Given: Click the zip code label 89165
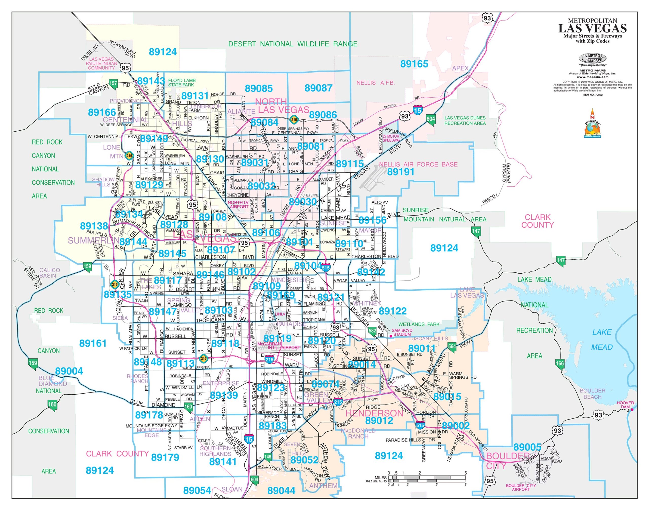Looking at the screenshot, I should tap(414, 64).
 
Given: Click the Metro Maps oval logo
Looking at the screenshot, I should tap(592, 58).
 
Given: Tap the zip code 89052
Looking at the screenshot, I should tap(304, 460).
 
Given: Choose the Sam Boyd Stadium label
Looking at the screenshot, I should tap(402, 332).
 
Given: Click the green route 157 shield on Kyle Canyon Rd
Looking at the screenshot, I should tap(113, 84).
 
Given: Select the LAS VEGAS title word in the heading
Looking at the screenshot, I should tap(592, 29).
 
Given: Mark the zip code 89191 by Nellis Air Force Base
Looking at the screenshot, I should tap(400, 172).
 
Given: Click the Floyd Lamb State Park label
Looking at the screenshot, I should tap(182, 82).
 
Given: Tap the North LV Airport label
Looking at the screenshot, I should tap(238, 205).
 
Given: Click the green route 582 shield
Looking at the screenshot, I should tap(372, 331).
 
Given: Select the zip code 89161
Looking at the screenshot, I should tap(93, 343).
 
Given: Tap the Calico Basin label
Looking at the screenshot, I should tap(49, 273).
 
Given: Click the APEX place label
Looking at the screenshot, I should tap(460, 68).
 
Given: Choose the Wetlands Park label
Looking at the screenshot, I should tap(419, 324).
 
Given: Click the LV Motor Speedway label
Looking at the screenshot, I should tap(391, 138).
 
